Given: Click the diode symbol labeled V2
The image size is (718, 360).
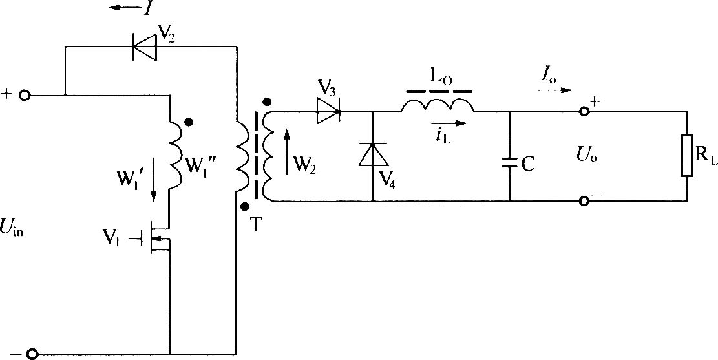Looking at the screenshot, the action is pyautogui.click(x=143, y=47).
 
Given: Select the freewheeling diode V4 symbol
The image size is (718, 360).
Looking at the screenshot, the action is pyautogui.click(x=372, y=154).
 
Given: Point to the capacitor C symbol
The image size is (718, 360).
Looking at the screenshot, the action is pyautogui.click(x=510, y=163).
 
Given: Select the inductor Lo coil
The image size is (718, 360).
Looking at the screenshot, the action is pyautogui.click(x=438, y=105).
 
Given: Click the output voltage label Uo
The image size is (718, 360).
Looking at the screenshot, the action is pyautogui.click(x=587, y=157).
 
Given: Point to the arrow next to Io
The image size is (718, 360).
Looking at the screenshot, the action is pyautogui.click(x=553, y=90).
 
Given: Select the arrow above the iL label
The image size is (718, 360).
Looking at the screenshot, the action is pyautogui.click(x=450, y=123).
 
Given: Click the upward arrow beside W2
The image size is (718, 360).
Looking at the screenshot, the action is pyautogui.click(x=287, y=152).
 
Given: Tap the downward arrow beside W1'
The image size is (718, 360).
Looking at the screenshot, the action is pyautogui.click(x=153, y=179).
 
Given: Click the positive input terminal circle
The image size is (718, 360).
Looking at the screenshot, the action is pyautogui.click(x=25, y=96).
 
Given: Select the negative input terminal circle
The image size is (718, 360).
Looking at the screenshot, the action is pyautogui.click(x=31, y=354).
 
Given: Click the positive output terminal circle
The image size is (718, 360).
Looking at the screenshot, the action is pyautogui.click(x=584, y=112).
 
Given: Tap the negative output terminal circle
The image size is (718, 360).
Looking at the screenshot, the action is pyautogui.click(x=584, y=200).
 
